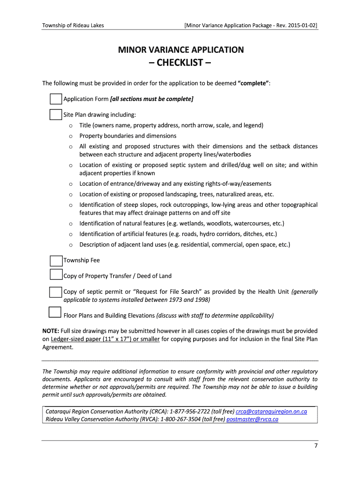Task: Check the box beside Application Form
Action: pos(56,99)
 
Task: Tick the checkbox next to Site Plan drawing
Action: pos(56,115)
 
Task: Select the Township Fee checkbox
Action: pos(56,261)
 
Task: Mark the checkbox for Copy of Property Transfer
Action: pos(56,275)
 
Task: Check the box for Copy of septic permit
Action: pos(56,292)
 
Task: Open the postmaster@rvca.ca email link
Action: pos(252,419)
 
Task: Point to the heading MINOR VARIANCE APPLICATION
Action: pos(180,50)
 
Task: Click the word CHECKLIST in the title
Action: pos(180,63)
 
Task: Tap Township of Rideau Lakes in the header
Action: pos(73,25)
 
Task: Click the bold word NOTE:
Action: pos(52,331)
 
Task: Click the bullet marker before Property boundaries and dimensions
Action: pos(70,136)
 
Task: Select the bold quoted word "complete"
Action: pos(253,83)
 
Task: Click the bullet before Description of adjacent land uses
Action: pos(70,245)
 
